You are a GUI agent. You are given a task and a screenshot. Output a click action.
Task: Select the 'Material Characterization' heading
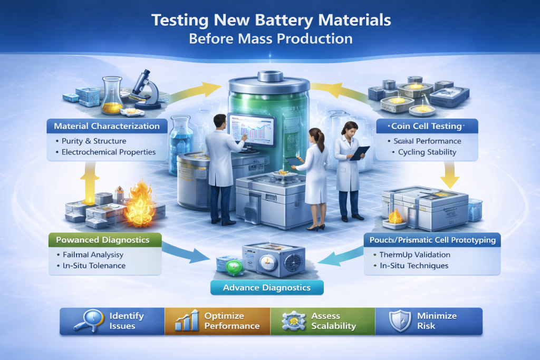click(x=107, y=127)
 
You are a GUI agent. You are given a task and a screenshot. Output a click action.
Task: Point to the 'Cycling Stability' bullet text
click(x=427, y=152)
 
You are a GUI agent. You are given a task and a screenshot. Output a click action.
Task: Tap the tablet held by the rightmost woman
click(x=360, y=153)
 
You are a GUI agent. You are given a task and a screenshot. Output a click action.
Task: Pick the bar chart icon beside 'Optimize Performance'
click(x=186, y=321)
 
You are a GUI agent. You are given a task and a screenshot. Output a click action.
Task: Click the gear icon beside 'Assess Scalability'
click(x=292, y=321)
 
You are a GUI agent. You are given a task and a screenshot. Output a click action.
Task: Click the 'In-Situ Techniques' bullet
click(x=414, y=266)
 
